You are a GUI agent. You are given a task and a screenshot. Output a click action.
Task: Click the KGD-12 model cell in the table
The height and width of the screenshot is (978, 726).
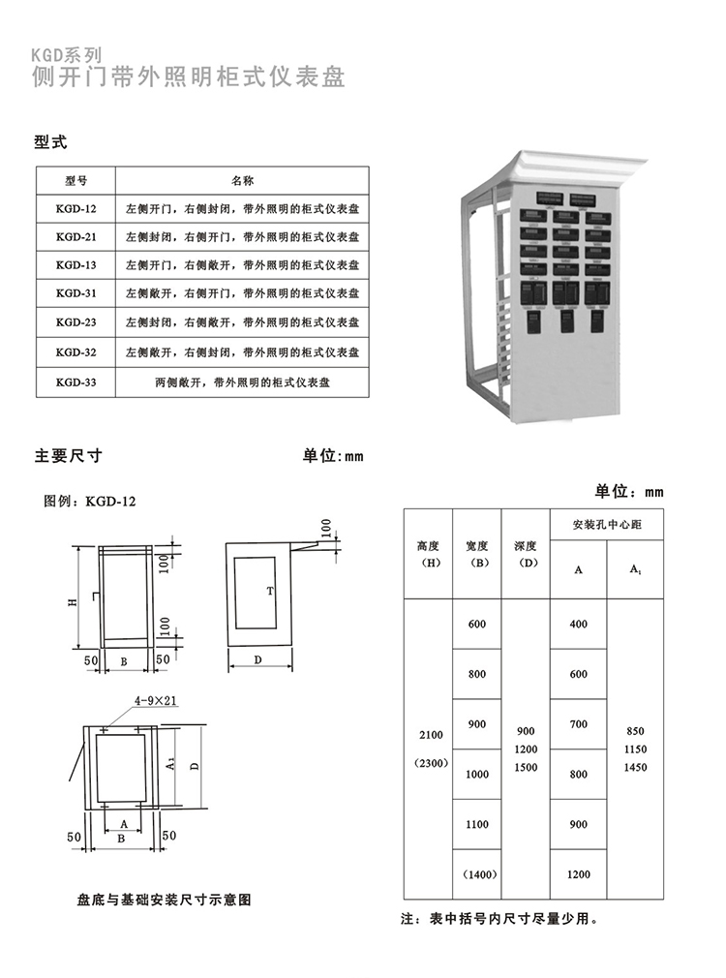(x=76, y=208)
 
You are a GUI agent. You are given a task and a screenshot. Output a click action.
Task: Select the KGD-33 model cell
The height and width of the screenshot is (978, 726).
(x=76, y=382)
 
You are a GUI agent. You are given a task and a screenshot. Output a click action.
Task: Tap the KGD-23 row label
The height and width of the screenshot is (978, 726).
(x=76, y=322)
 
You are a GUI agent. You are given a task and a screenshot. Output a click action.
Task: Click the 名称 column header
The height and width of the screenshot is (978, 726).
(x=242, y=180)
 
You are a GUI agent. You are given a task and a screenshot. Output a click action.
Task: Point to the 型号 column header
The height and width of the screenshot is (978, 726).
(x=76, y=180)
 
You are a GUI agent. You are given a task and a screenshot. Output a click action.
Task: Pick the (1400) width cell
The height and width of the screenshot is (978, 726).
(x=477, y=874)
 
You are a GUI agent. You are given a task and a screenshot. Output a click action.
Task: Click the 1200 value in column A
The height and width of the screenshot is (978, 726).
(x=579, y=874)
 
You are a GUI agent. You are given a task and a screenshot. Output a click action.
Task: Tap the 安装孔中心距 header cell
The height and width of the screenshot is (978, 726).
(x=607, y=524)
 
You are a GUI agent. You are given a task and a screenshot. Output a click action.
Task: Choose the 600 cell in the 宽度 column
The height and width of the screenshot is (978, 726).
(x=477, y=624)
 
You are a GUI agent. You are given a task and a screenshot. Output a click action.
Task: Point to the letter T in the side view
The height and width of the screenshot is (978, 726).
(x=271, y=590)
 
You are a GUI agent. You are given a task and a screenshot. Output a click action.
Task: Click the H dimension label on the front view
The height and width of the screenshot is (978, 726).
(x=73, y=601)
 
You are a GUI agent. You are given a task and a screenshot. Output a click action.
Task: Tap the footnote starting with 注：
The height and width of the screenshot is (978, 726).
(x=499, y=920)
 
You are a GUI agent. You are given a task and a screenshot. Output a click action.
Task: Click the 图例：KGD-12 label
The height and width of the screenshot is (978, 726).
(x=91, y=501)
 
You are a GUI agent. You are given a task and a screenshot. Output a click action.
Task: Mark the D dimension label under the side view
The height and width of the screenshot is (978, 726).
(x=260, y=659)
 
